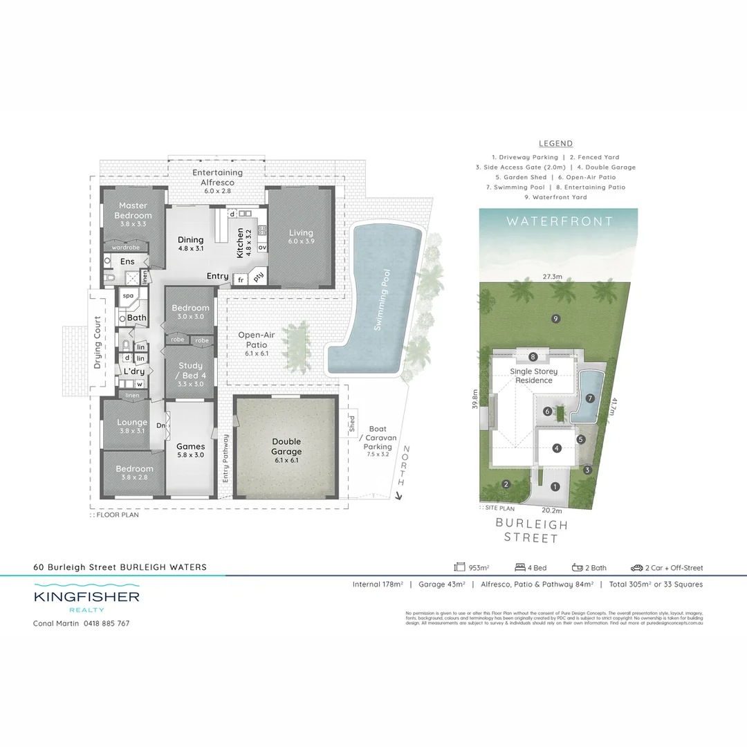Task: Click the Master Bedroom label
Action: [133, 210]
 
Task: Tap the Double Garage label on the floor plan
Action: [286, 447]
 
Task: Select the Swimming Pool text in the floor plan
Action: [380, 299]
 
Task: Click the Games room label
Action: [190, 447]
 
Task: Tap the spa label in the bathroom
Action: [128, 295]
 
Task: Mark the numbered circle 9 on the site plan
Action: [555, 318]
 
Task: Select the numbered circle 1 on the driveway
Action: [555, 486]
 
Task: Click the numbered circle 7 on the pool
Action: [590, 398]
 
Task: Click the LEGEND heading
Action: [555, 144]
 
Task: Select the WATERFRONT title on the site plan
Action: [559, 221]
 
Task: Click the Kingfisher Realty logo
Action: [86, 599]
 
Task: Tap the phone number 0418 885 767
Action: [106, 623]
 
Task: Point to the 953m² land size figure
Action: [478, 568]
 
